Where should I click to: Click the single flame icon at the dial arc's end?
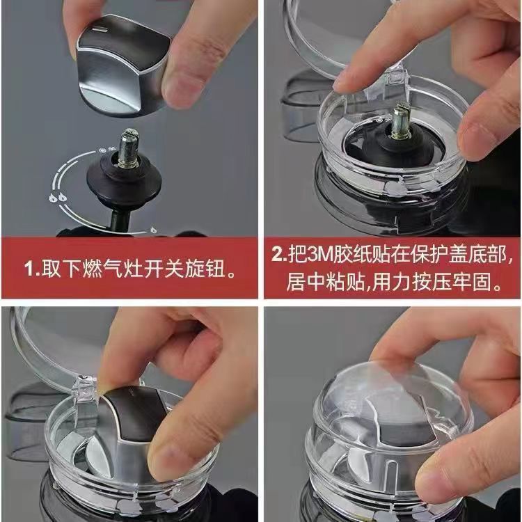[x=153, y=229]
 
